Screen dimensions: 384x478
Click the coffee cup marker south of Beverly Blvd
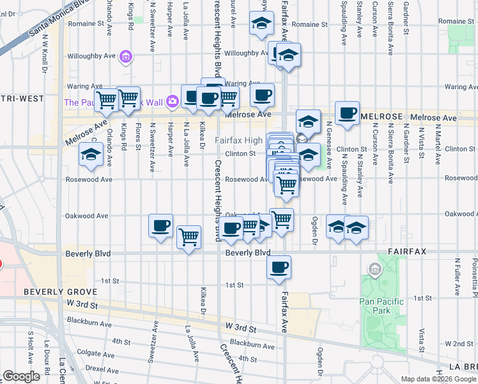pyautogui.click(x=278, y=268)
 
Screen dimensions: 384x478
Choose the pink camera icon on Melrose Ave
pyautogui.click(x=171, y=101)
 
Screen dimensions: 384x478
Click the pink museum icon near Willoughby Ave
pyautogui.click(x=126, y=58)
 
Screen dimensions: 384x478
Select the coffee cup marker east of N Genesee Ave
pyautogui.click(x=347, y=113)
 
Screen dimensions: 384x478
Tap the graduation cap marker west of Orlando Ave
pyautogui.click(x=91, y=154)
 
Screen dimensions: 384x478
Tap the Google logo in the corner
pyautogui.click(x=21, y=376)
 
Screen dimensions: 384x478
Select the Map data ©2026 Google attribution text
pyautogui.click(x=438, y=379)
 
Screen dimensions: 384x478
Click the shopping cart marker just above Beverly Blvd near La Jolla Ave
pyautogui.click(x=189, y=237)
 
